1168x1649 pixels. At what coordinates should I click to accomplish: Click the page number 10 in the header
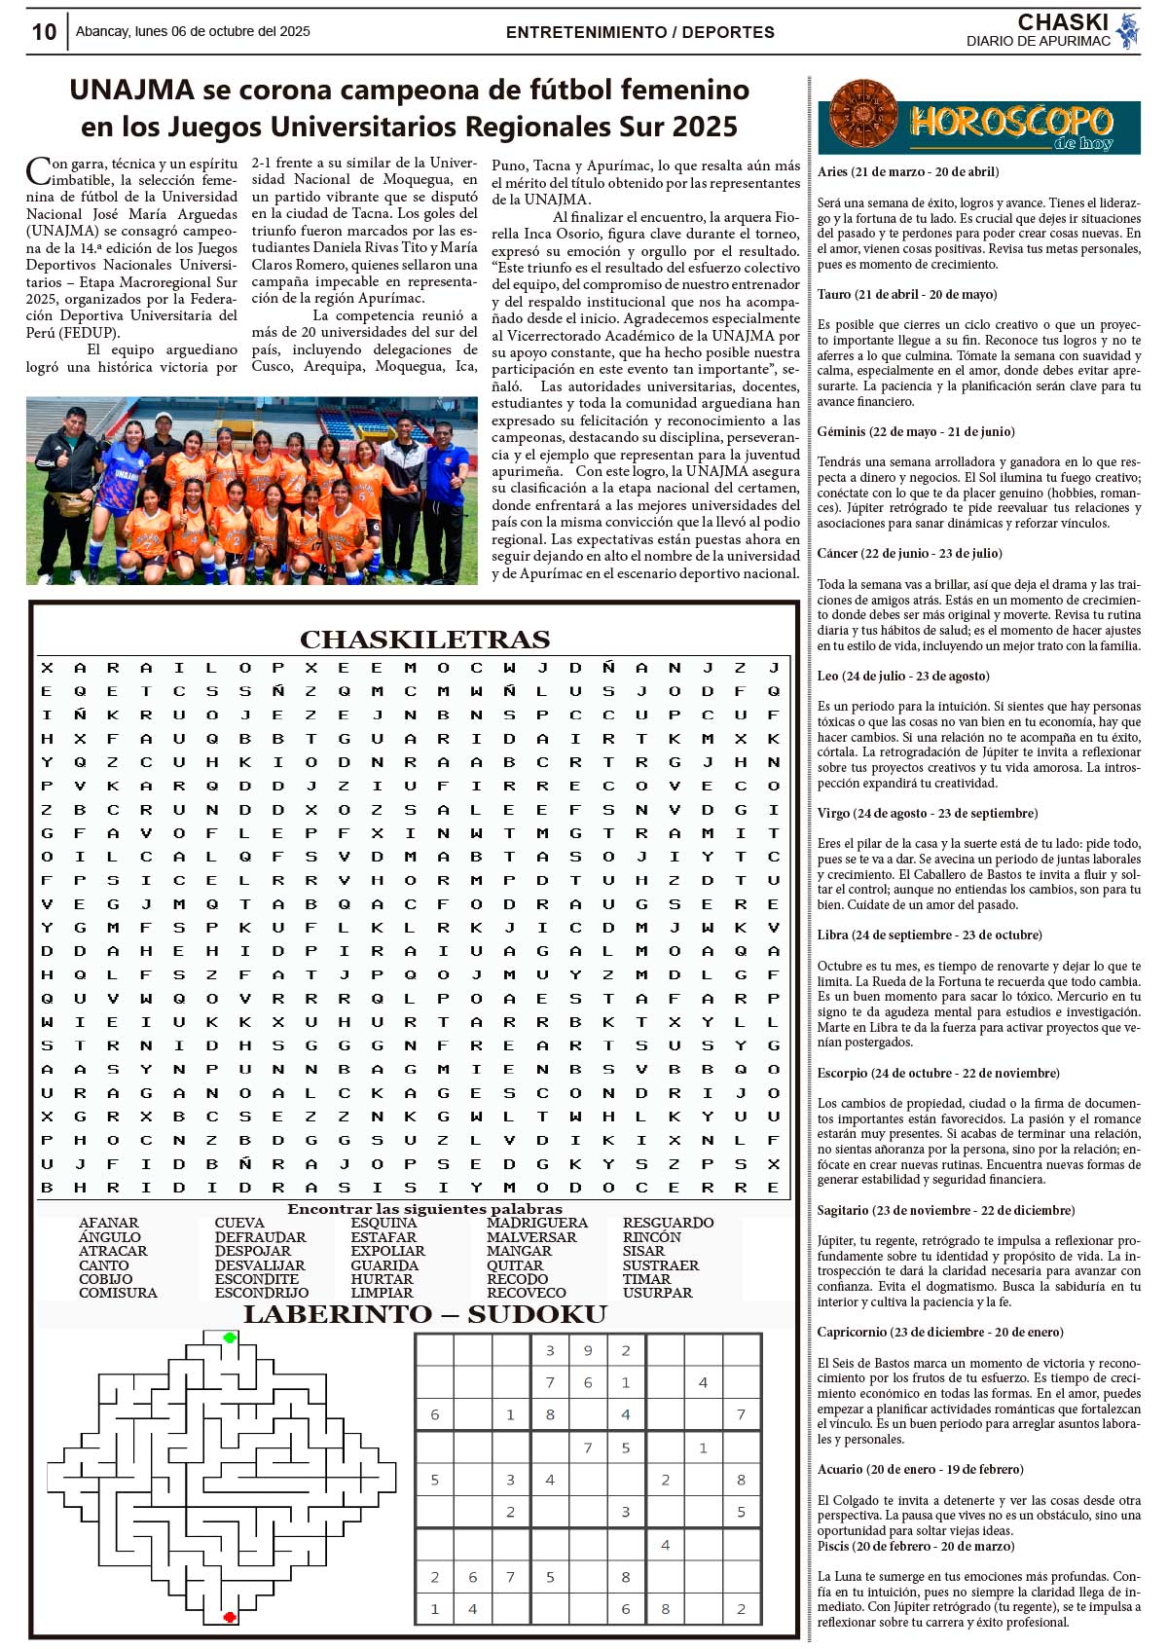point(44,32)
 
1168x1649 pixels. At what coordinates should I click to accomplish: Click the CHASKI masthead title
point(1062,22)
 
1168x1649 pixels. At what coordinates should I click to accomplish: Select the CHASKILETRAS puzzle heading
point(424,640)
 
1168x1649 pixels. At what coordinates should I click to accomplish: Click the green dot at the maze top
point(230,1338)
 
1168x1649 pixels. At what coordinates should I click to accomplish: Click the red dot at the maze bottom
point(230,1617)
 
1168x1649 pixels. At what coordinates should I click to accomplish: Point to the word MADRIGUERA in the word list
point(537,1223)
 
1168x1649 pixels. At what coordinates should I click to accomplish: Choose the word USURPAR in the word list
point(658,1293)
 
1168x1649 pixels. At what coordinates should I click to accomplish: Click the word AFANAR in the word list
point(109,1223)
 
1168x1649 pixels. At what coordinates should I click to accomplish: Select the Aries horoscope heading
point(908,172)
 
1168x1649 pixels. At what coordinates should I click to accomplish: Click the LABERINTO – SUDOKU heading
point(424,1315)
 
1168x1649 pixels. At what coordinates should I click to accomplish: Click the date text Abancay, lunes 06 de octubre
point(193,31)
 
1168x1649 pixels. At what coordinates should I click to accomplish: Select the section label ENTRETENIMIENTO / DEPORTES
point(639,32)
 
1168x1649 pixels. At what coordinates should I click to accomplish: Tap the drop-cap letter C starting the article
point(38,171)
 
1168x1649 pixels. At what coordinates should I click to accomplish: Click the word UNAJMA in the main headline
point(132,91)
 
